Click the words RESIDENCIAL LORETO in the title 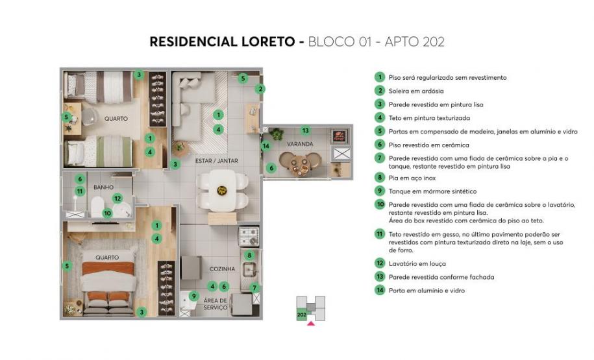click(x=223, y=42)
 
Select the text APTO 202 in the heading click(x=414, y=42)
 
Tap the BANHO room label click(x=103, y=187)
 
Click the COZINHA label click(x=221, y=269)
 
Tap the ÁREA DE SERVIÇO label click(x=215, y=304)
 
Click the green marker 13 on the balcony click(x=306, y=131)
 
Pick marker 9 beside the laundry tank click(x=193, y=296)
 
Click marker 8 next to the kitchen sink click(x=249, y=256)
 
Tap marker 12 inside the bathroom click(x=117, y=198)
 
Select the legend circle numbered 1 click(x=379, y=77)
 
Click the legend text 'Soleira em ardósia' click(x=415, y=91)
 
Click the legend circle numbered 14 click(x=379, y=291)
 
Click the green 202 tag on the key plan click(x=301, y=314)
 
